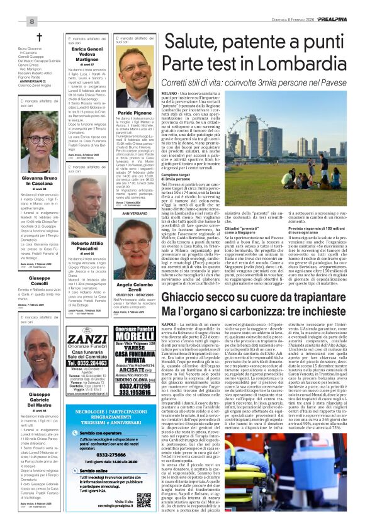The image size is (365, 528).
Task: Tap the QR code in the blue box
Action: pos(143,499)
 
